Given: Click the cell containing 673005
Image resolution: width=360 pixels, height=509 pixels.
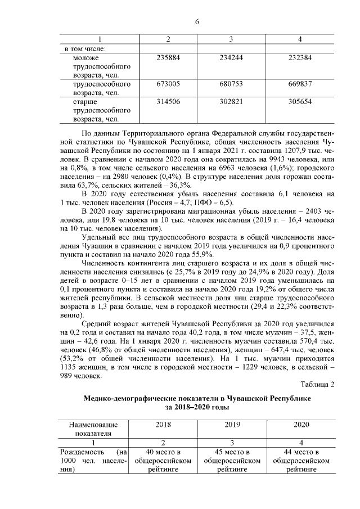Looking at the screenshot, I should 168,83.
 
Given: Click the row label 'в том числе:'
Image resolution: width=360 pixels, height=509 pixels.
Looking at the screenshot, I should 85,48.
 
